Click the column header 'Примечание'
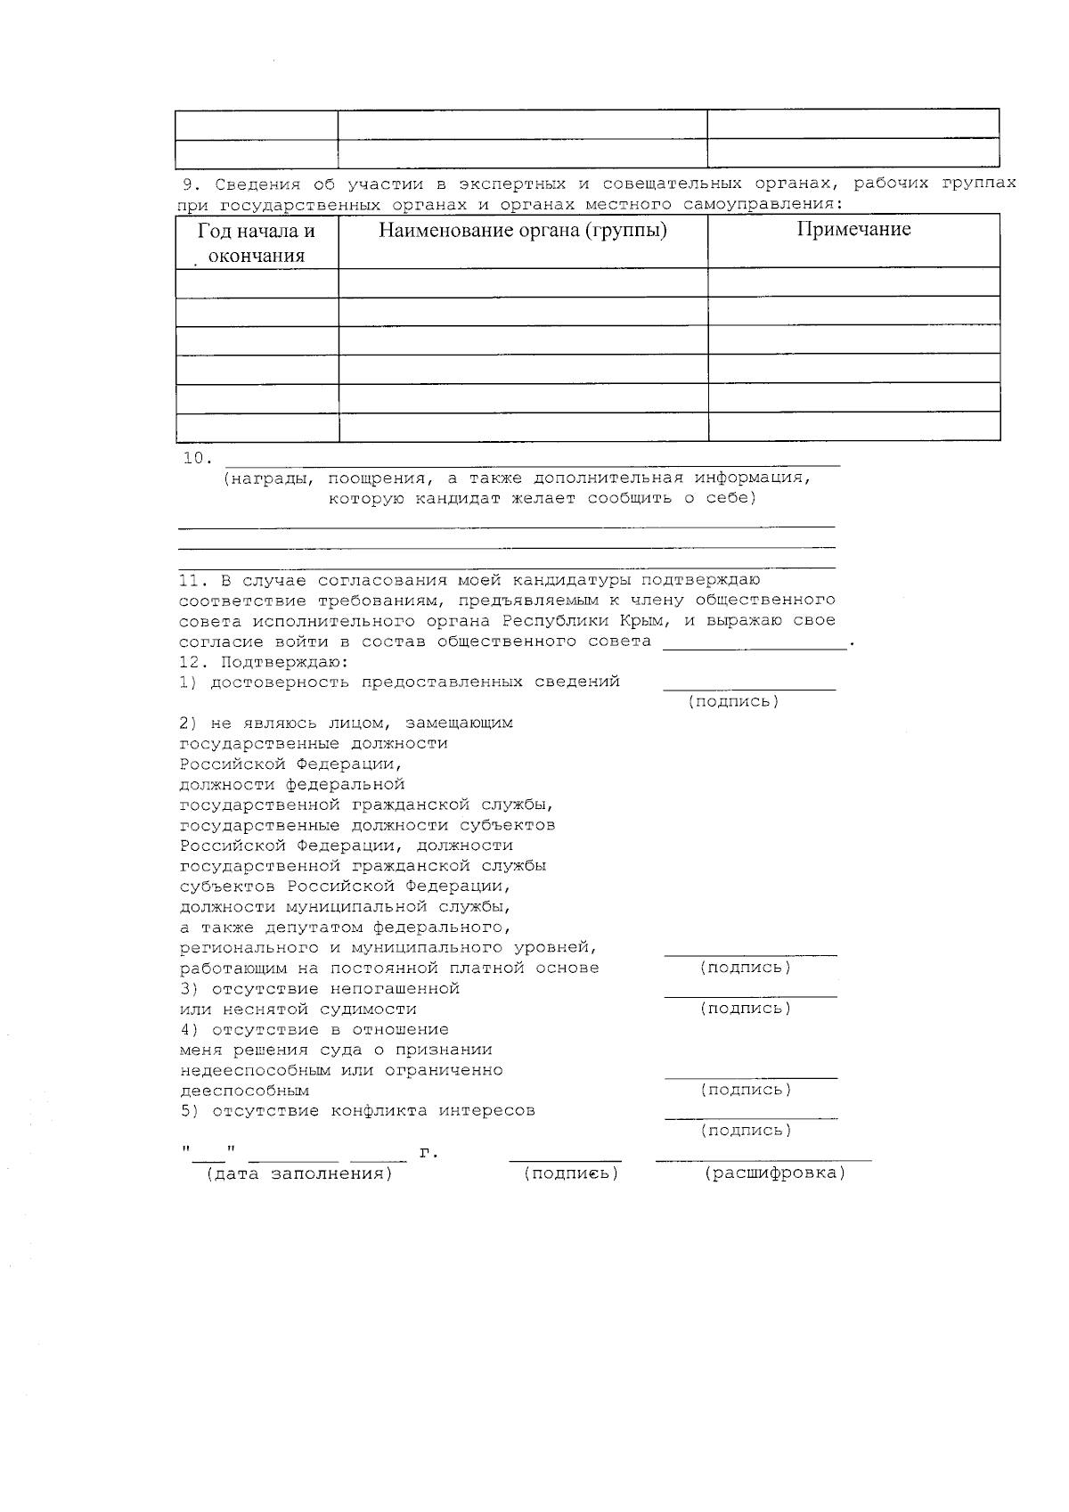click(853, 230)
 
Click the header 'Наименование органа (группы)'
click(523, 231)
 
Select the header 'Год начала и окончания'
click(257, 243)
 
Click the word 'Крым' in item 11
click(641, 620)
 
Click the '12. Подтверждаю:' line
click(264, 662)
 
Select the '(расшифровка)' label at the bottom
click(774, 1173)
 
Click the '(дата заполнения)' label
click(299, 1173)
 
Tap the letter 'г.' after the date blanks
click(428, 1154)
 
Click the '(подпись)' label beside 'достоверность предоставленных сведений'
click(733, 701)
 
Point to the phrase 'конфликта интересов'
click(433, 1111)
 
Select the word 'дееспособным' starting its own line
click(244, 1091)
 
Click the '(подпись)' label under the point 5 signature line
click(746, 1131)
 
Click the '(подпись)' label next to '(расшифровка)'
click(571, 1173)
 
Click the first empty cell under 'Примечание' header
click(853, 282)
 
